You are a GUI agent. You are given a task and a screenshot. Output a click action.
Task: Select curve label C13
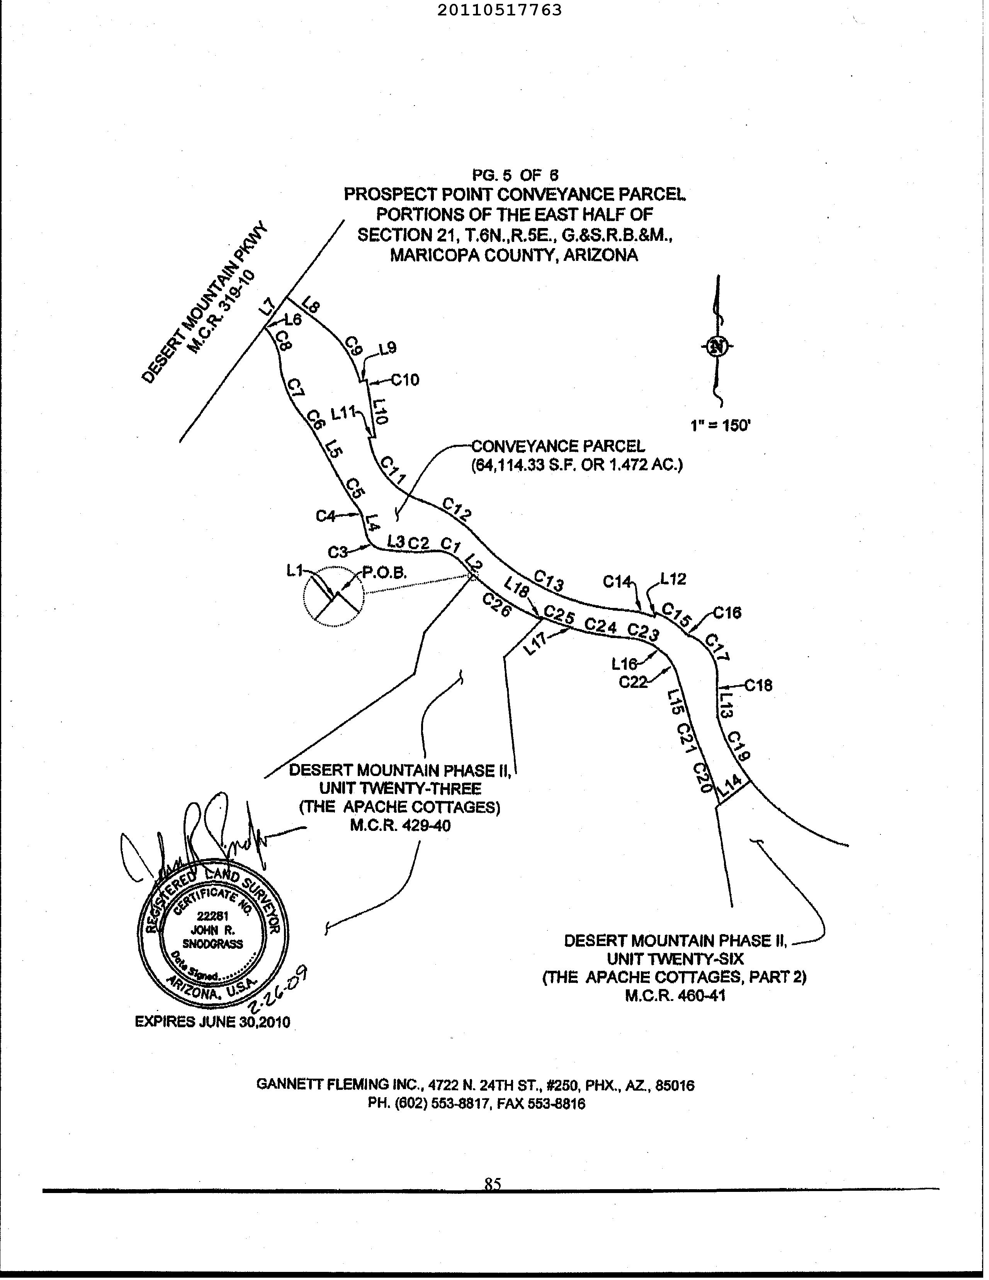coord(549,581)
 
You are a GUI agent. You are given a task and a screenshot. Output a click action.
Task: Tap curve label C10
coord(405,380)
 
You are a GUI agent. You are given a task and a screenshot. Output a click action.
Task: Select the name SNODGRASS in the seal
coord(213,944)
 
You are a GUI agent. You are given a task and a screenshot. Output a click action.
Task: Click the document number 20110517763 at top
coord(499,10)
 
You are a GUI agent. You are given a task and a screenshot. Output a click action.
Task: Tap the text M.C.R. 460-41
coord(675,996)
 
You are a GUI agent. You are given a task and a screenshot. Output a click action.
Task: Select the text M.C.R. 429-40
coord(401,826)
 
